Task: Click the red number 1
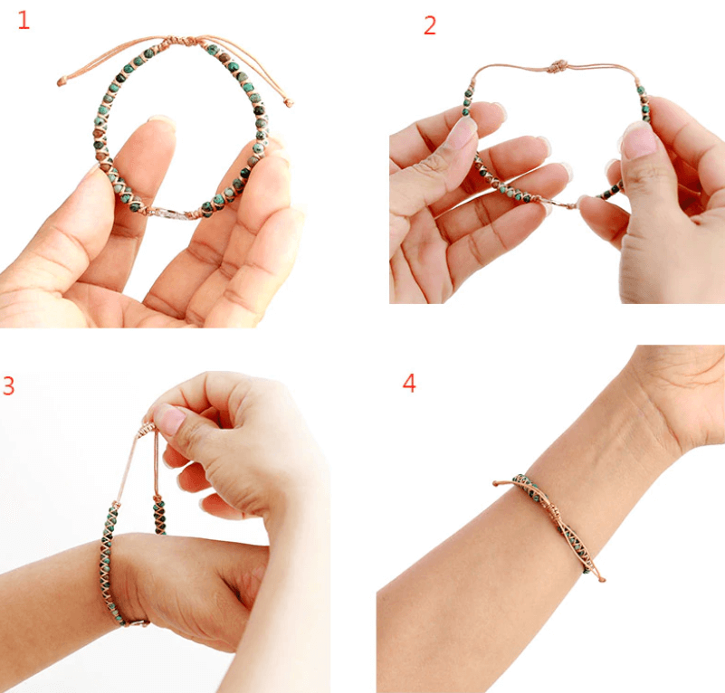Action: tap(24, 20)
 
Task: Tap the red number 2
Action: tap(430, 25)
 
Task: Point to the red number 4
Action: tap(409, 383)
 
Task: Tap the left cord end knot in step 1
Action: tap(62, 82)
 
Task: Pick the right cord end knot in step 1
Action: tap(289, 102)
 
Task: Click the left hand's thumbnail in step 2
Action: tap(463, 132)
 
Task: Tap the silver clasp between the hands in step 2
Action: tap(567, 204)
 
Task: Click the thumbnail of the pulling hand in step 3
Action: tap(169, 419)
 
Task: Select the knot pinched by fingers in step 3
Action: tap(149, 422)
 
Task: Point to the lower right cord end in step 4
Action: tap(600, 576)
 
